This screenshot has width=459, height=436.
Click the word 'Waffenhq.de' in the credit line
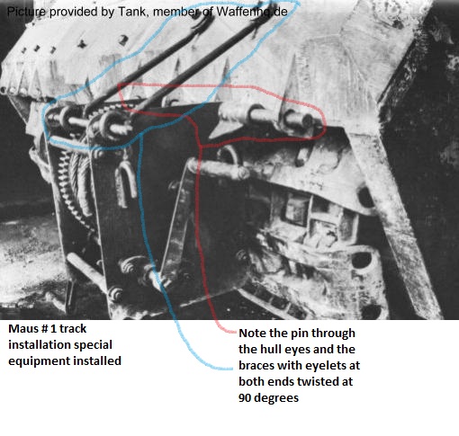[x=252, y=12]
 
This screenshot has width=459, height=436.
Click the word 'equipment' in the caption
[x=39, y=361]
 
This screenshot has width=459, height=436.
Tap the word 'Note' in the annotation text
[x=251, y=333]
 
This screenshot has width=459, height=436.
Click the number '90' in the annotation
[x=244, y=397]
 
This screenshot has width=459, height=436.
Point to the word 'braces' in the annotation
[x=256, y=365]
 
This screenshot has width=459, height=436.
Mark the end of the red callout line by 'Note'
[x=236, y=332]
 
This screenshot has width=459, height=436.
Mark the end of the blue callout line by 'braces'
[x=231, y=368]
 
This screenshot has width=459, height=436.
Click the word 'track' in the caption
[x=73, y=329]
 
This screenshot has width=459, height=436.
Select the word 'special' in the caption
[x=93, y=345]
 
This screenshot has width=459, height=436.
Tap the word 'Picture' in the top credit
[x=26, y=12]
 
